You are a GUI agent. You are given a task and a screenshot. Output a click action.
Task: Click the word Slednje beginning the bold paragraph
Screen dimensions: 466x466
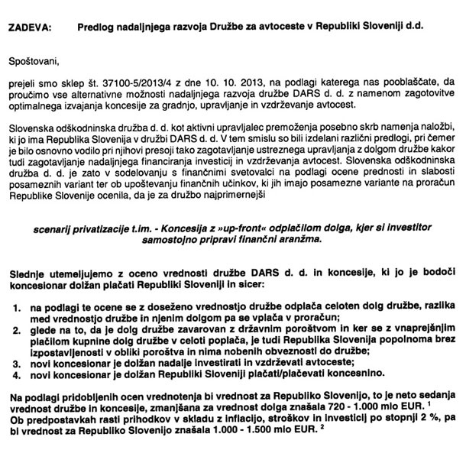pos(31,273)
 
